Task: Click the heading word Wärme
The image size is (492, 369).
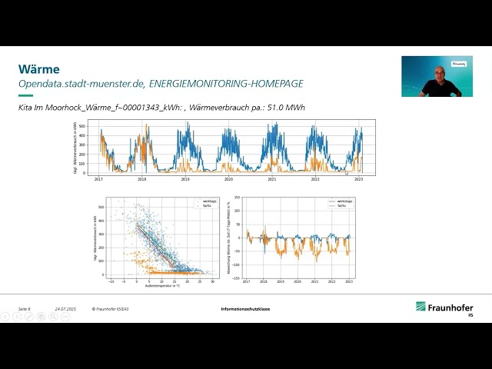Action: click(x=38, y=69)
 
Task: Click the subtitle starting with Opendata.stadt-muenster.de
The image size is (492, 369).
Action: click(x=161, y=84)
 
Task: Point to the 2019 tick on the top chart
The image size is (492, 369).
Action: click(x=185, y=178)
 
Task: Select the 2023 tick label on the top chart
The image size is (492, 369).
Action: click(x=358, y=178)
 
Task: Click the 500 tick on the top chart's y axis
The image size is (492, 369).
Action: click(x=92, y=123)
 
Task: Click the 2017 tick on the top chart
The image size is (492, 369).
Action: click(x=98, y=178)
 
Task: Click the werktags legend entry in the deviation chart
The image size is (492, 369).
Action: click(x=337, y=201)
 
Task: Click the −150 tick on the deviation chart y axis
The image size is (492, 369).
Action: click(x=238, y=278)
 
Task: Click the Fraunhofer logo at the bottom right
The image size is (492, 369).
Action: click(x=444, y=308)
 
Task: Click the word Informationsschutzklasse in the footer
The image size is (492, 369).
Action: click(x=245, y=309)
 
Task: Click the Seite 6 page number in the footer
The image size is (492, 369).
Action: click(x=25, y=309)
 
